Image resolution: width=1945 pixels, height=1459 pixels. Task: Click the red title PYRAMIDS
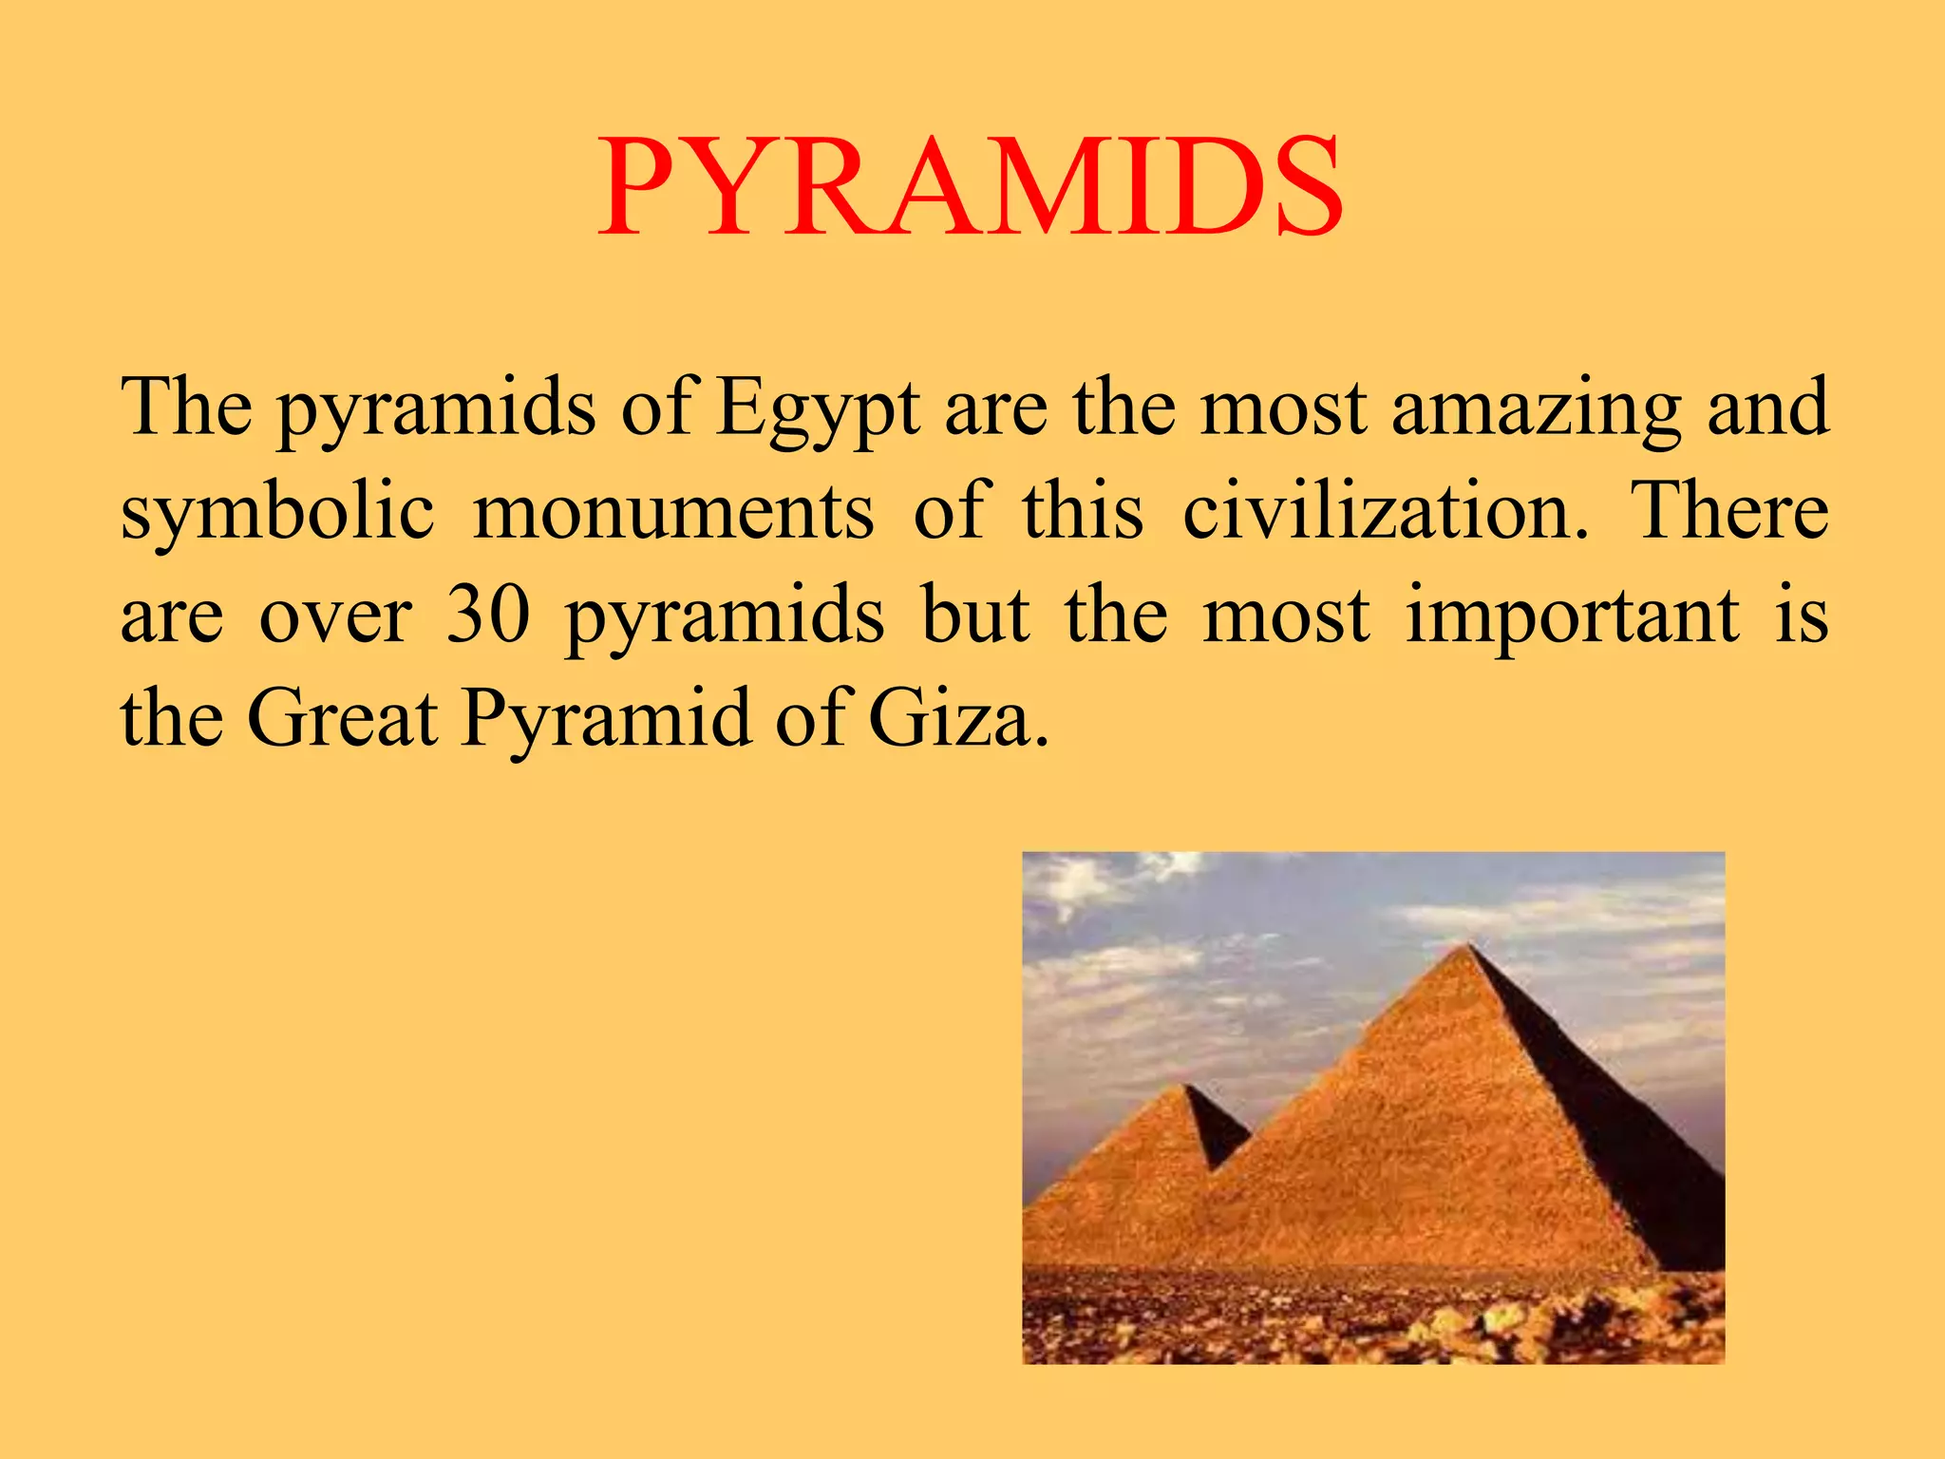pyautogui.click(x=971, y=187)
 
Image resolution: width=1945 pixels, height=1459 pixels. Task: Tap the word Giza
pyautogui.click(x=959, y=719)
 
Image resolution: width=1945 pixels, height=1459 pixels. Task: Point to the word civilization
pyautogui.click(x=1385, y=511)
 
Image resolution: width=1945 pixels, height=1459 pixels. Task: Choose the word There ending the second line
pyautogui.click(x=1729, y=511)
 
